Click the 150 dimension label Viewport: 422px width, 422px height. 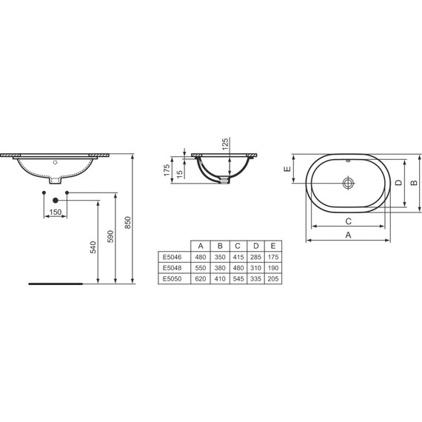(54, 212)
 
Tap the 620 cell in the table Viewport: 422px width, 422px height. (200, 278)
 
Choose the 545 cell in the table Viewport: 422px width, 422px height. (237, 278)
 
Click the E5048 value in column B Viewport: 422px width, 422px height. (218, 267)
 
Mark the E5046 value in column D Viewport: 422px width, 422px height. (255, 256)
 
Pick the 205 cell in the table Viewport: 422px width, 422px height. (273, 278)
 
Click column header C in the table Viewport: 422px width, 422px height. (237, 245)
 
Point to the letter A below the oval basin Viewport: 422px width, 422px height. (349, 235)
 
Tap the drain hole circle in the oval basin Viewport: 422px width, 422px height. (349, 181)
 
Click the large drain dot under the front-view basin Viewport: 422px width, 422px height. (56, 200)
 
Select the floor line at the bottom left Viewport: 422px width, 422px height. (56, 284)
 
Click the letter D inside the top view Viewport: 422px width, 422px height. (397, 182)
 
